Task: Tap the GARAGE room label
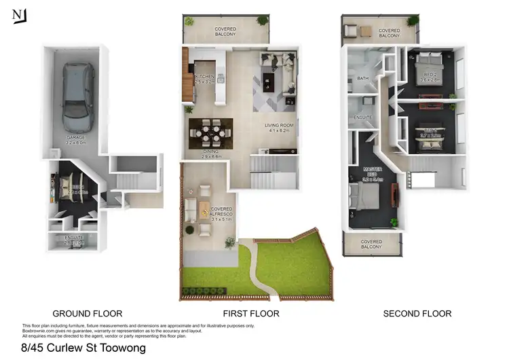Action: click(x=75, y=140)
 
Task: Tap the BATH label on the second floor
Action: click(x=363, y=79)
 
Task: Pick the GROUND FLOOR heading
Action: click(x=88, y=314)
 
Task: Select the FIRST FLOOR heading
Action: click(x=251, y=314)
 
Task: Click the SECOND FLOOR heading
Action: click(x=417, y=314)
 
